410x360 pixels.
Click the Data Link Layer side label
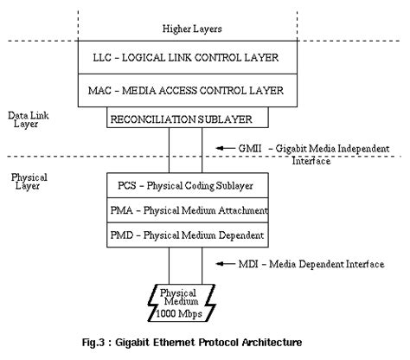click(25, 118)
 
